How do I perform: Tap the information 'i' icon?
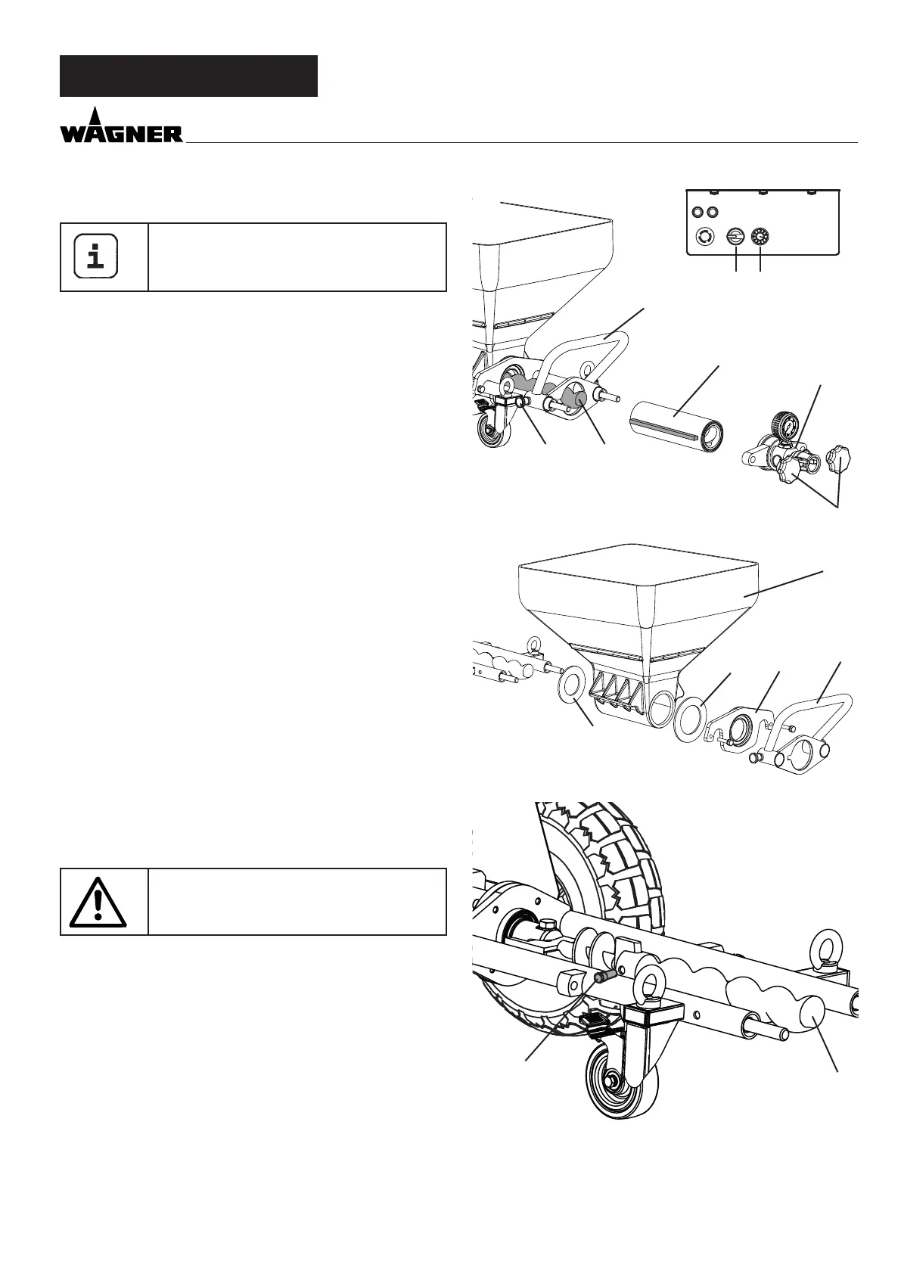tap(95, 256)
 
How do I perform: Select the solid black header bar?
tap(188, 76)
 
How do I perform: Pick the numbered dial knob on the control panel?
tap(759, 237)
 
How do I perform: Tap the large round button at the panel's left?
tap(705, 237)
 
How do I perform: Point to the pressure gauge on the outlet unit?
tap(783, 424)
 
